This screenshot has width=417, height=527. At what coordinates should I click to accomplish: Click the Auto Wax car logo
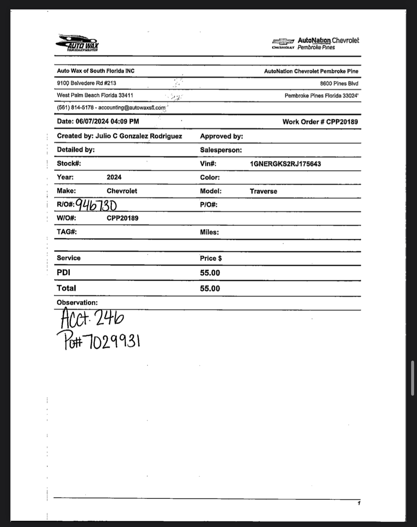pyautogui.click(x=77, y=43)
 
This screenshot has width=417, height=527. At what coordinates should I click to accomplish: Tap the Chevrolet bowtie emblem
pyautogui.click(x=283, y=42)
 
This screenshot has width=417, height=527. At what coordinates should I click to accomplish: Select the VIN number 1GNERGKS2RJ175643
pyautogui.click(x=285, y=164)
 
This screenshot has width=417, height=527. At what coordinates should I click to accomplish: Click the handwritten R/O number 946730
pyautogui.click(x=96, y=205)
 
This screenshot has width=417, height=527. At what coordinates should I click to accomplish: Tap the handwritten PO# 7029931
pyautogui.click(x=98, y=341)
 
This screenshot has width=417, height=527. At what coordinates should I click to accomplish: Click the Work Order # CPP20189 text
pyautogui.click(x=320, y=122)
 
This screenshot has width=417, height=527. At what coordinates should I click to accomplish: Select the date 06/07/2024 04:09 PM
pyautogui.click(x=107, y=121)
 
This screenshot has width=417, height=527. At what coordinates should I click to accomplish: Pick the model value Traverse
pyautogui.click(x=263, y=191)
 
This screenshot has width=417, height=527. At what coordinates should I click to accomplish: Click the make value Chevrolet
pyautogui.click(x=122, y=191)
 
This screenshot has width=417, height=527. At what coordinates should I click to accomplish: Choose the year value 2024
pyautogui.click(x=114, y=177)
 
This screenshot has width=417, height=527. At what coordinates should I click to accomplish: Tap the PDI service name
pyautogui.click(x=63, y=272)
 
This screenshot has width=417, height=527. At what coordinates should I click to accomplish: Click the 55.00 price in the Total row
pyautogui.click(x=210, y=289)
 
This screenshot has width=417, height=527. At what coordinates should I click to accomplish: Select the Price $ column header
pyautogui.click(x=211, y=258)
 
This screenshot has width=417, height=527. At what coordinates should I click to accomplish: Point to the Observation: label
pyautogui.click(x=77, y=303)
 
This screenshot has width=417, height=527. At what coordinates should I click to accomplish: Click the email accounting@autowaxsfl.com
pyautogui.click(x=132, y=108)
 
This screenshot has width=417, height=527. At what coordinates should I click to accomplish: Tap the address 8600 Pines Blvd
pyautogui.click(x=339, y=84)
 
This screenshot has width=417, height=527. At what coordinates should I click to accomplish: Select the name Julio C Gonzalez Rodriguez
pyautogui.click(x=139, y=136)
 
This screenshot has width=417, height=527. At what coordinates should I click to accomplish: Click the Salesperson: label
pyautogui.click(x=221, y=150)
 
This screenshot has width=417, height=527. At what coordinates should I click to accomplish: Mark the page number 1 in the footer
pyautogui.click(x=359, y=503)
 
